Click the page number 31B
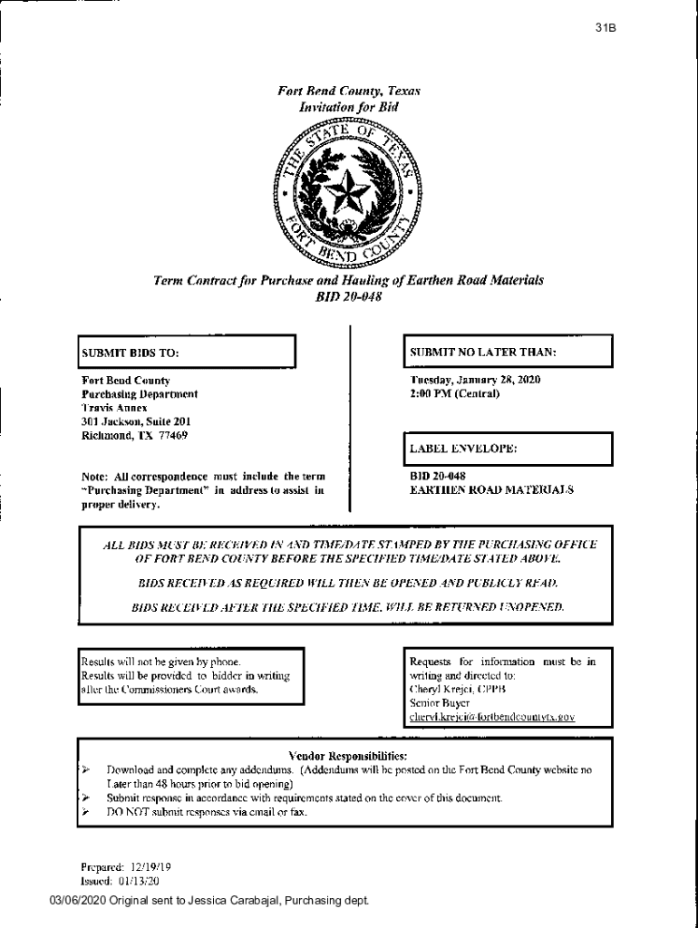tap(606, 28)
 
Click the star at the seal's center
tap(348, 191)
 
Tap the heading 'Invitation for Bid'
tap(348, 107)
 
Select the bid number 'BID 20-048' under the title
tap(348, 298)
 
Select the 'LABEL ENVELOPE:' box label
tap(463, 449)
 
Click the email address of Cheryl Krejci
tap(492, 717)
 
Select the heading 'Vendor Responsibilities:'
tap(347, 755)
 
